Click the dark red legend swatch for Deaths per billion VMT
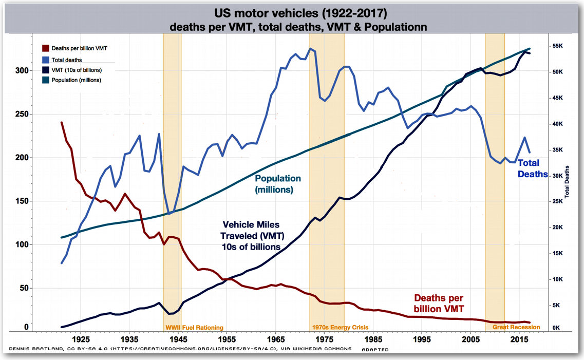(x=45, y=48)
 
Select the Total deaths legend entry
(x=66, y=60)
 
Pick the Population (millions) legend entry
(x=76, y=80)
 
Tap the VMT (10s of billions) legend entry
(x=76, y=70)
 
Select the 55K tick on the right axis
(x=558, y=46)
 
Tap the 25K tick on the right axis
(x=558, y=202)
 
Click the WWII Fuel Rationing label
(x=194, y=327)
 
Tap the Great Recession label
(x=516, y=327)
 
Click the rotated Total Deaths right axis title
(x=568, y=182)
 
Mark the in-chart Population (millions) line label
(x=278, y=184)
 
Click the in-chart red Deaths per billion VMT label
(x=439, y=303)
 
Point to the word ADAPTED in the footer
(x=375, y=350)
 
